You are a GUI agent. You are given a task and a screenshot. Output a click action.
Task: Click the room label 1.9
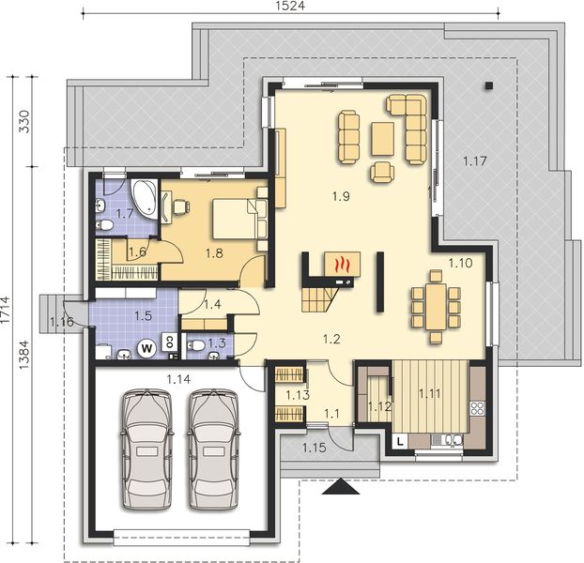[340, 196]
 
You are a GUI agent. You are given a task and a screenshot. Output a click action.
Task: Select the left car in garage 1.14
[146, 449]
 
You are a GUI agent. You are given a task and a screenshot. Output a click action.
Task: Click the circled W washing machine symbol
[147, 347]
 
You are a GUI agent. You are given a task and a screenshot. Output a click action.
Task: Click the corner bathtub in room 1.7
[142, 194]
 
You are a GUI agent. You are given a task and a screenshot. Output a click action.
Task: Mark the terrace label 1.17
[474, 161]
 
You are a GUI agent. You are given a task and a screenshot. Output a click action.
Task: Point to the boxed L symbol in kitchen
[399, 439]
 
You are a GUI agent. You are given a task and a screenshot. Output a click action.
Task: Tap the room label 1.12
[379, 406]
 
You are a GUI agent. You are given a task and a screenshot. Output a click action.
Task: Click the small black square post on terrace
[488, 85]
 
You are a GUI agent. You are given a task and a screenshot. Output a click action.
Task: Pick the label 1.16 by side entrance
[62, 323]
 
